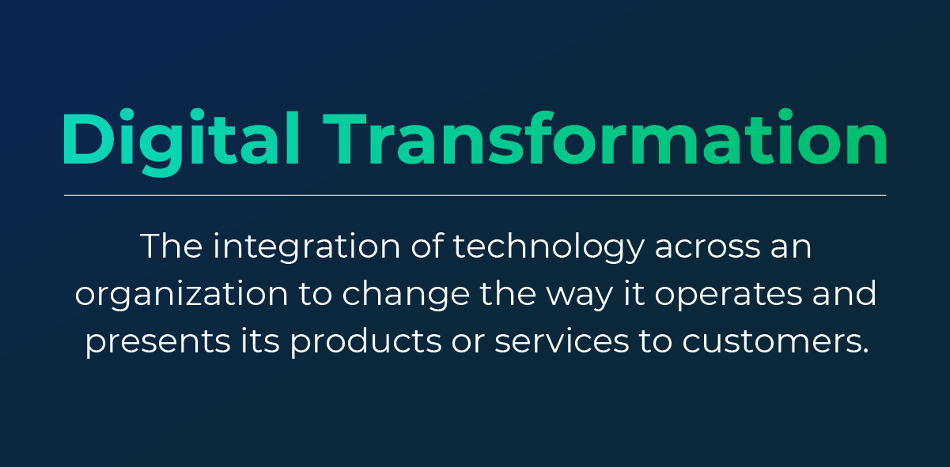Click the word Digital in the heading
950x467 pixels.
tap(180, 140)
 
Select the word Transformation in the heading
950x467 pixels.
tap(608, 140)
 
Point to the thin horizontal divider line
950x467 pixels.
tap(475, 194)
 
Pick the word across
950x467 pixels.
tap(702, 248)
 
